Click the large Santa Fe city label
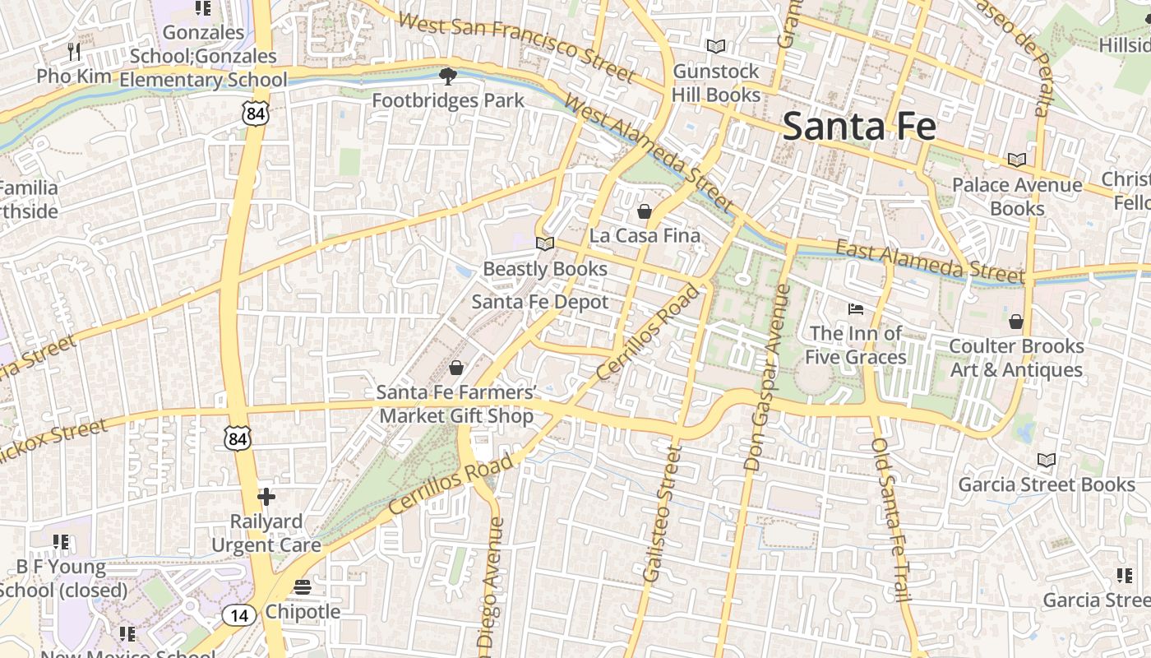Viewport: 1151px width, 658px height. [859, 127]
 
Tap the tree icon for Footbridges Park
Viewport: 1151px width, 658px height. [447, 76]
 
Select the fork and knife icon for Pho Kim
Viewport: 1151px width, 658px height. [74, 52]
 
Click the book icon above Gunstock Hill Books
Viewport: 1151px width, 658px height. [716, 47]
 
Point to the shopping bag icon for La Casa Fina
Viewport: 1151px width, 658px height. [645, 212]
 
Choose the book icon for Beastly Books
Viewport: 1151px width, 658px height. [544, 243]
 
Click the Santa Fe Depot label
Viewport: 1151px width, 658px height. [540, 302]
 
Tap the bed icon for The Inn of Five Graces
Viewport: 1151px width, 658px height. [856, 309]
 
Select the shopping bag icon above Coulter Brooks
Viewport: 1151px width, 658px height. [1016, 322]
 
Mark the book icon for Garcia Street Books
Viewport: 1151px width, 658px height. [1046, 460]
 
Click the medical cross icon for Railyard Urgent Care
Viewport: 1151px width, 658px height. [266, 497]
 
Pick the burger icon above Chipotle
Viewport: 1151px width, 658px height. [303, 587]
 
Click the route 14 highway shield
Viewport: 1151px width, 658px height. [238, 614]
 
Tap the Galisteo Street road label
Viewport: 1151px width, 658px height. [663, 514]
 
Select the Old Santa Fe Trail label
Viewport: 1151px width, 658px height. [893, 531]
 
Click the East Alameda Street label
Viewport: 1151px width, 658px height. [930, 260]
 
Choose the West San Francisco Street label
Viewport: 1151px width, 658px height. [516, 48]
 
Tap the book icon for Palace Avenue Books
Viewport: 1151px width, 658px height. [1017, 160]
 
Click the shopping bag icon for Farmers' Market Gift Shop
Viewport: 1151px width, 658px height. [456, 368]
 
